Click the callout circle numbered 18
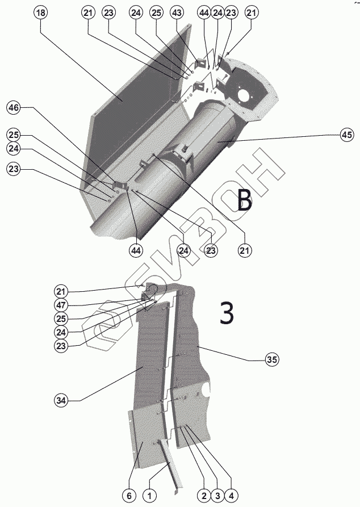[41, 12]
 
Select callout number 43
[177, 12]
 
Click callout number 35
[273, 359]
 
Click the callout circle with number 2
[203, 496]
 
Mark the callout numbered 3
[217, 496]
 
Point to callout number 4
[231, 496]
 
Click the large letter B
[244, 200]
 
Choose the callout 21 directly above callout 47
[61, 291]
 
